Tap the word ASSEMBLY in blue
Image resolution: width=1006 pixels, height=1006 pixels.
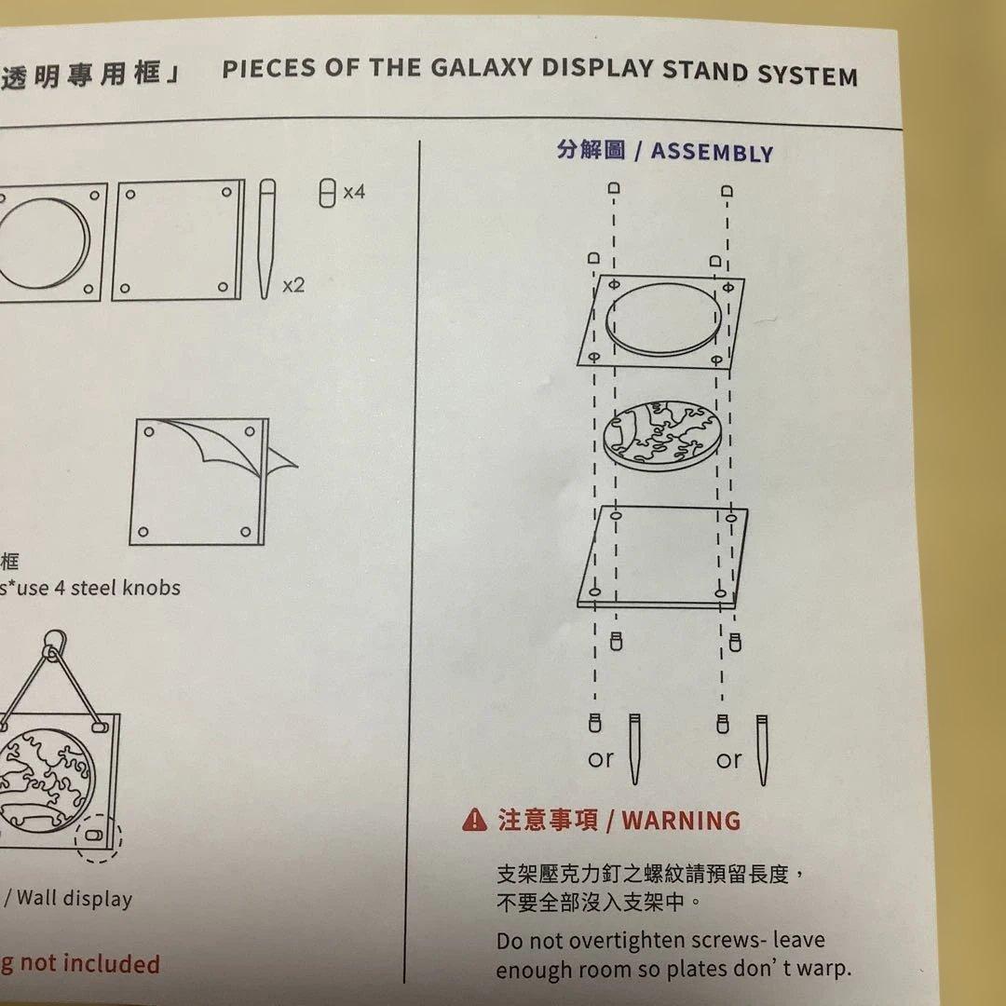point(712,153)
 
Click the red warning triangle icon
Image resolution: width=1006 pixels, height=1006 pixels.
point(475,820)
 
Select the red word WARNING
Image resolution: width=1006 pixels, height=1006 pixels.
point(681,821)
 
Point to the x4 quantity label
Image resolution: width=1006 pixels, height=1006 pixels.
point(354,193)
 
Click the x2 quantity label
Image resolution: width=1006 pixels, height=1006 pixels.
point(293,285)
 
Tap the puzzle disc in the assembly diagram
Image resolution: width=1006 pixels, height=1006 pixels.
point(662,434)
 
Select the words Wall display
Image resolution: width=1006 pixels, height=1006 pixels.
point(75,899)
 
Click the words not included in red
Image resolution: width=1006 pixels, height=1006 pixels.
point(89,964)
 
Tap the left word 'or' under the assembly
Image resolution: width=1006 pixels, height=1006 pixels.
point(601,760)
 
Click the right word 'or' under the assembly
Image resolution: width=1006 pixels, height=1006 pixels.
point(729,760)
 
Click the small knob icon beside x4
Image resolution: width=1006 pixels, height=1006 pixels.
point(326,194)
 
